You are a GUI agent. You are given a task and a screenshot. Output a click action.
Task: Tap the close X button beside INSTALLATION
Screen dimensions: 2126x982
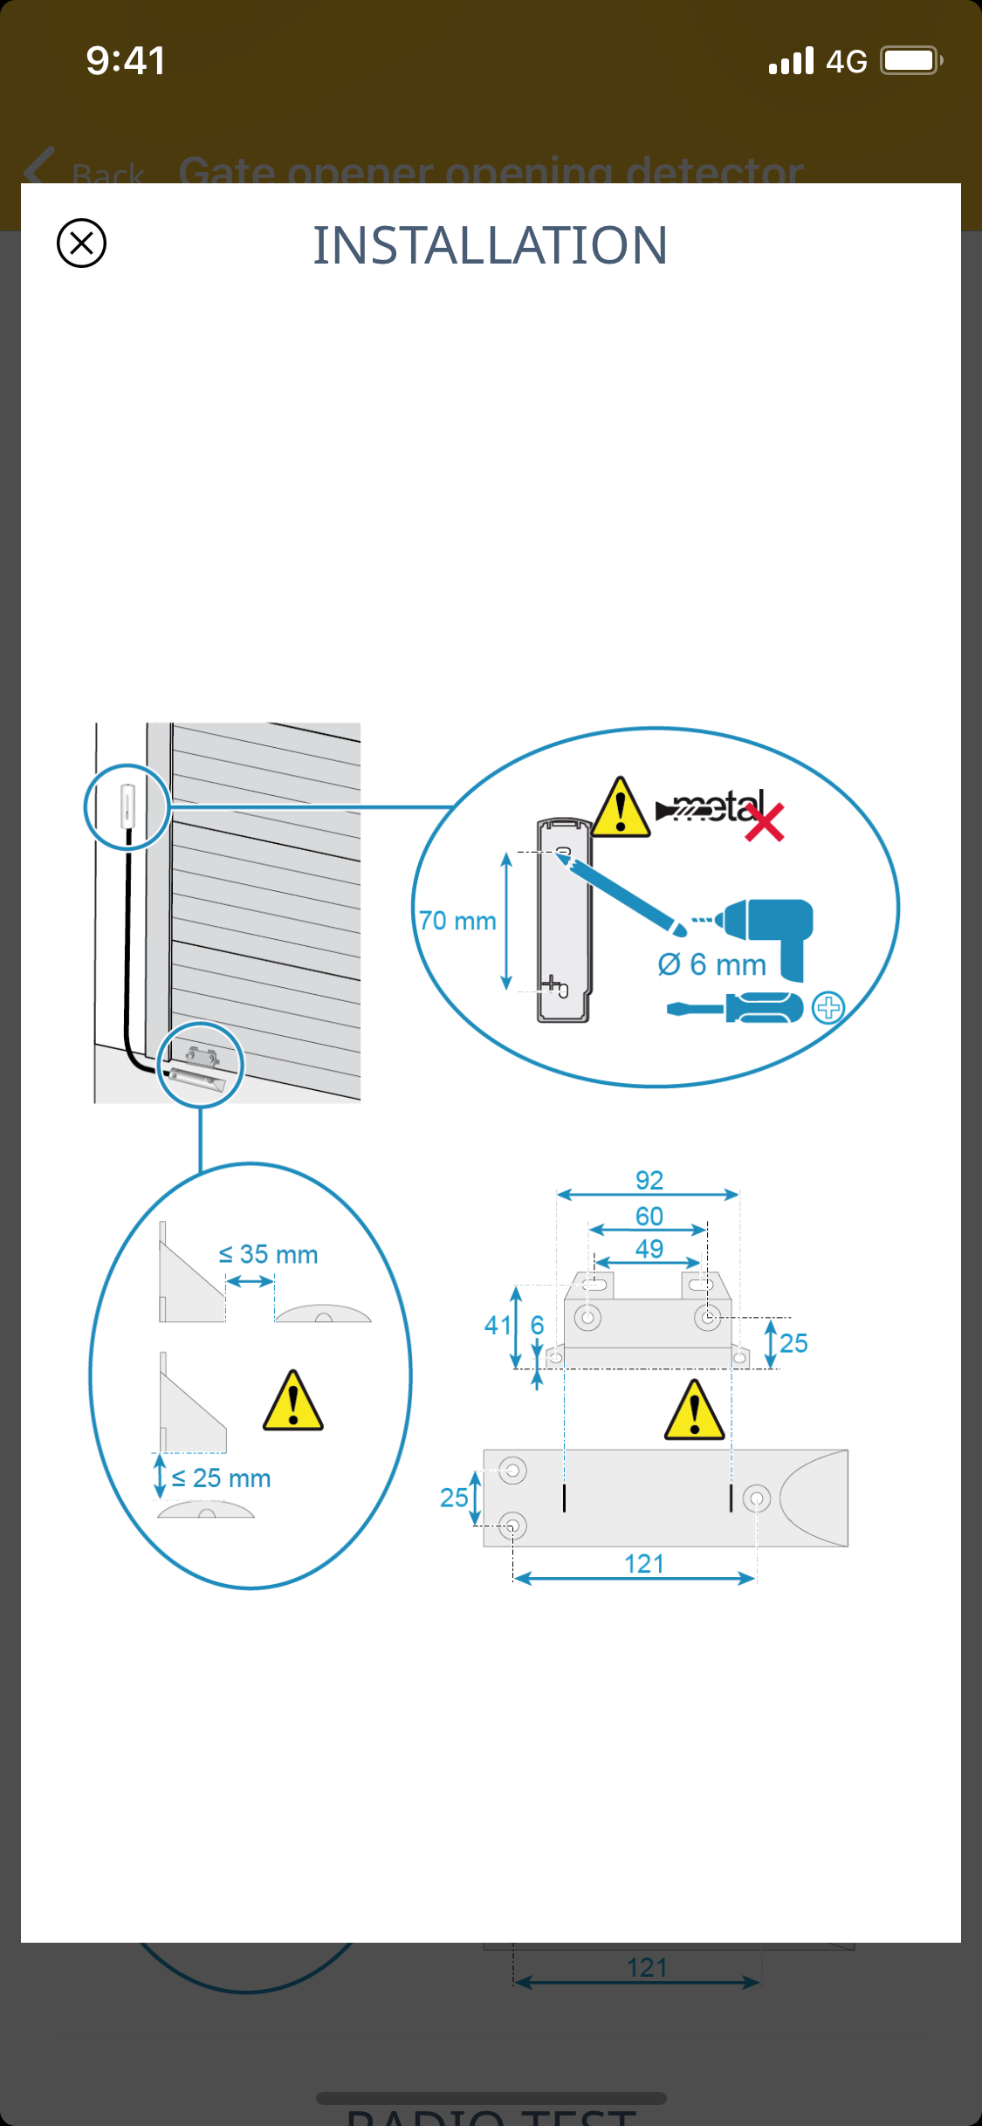point(81,243)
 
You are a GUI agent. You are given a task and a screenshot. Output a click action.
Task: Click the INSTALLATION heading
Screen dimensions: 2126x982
point(491,245)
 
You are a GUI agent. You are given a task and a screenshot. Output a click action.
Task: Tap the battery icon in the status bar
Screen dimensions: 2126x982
point(910,60)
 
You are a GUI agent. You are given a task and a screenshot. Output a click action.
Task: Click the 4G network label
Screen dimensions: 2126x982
point(846,61)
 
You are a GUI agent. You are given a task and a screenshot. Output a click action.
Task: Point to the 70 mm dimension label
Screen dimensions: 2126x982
point(457,921)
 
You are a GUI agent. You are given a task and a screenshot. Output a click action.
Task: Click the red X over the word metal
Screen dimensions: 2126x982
point(765,823)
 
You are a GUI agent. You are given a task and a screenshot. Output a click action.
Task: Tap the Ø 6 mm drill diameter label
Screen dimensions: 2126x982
point(711,964)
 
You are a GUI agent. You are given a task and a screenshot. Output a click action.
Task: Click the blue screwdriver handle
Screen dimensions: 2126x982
point(765,1008)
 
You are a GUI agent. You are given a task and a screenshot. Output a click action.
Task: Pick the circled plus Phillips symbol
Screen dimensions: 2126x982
point(827,1007)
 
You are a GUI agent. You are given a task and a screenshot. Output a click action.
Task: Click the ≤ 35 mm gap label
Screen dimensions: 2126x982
point(268,1254)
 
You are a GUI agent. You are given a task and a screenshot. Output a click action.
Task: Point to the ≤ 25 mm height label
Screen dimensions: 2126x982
point(221,1478)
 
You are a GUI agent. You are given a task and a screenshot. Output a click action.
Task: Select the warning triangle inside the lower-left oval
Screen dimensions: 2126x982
point(293,1402)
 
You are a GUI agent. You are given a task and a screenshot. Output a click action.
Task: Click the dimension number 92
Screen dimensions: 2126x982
point(649,1180)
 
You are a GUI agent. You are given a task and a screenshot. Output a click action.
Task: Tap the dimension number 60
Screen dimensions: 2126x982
point(649,1216)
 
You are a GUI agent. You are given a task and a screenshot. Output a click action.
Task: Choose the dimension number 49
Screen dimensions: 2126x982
point(649,1249)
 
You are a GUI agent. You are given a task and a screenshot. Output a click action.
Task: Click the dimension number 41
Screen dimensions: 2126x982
point(498,1326)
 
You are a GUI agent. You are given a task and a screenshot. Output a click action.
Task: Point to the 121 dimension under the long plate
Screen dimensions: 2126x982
point(644,1563)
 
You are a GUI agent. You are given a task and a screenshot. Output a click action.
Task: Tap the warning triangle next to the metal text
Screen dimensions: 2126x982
point(621,807)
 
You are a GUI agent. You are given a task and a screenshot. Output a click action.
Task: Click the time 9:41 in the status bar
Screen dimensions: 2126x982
point(126,61)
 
